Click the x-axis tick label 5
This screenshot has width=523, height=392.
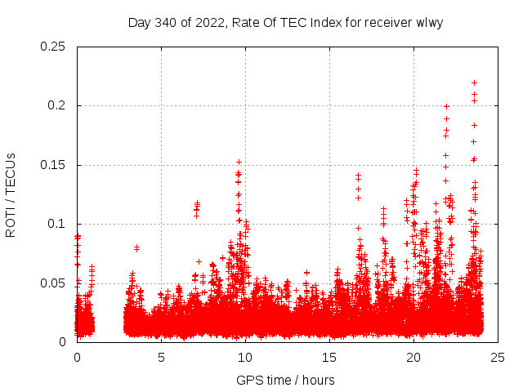pos(161,357)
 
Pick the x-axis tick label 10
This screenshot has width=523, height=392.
pos(245,357)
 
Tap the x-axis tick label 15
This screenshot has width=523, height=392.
pos(329,357)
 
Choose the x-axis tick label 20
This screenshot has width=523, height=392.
pos(413,357)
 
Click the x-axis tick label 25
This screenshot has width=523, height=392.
pos(498,357)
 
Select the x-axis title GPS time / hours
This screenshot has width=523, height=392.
pos(285,380)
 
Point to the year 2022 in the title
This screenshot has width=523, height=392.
pos(208,22)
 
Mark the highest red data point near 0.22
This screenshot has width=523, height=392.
pos(474,82)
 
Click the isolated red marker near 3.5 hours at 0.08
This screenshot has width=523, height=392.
pos(136,247)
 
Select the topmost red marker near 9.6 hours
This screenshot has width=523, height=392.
pos(239,162)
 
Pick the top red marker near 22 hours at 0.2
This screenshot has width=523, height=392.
pos(446,106)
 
